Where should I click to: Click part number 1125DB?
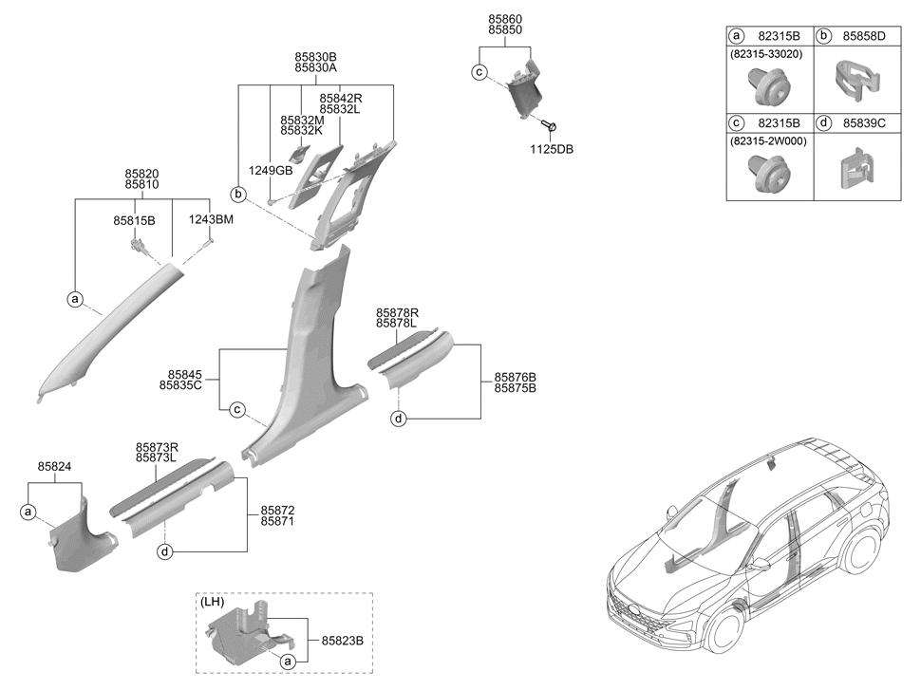click(x=552, y=149)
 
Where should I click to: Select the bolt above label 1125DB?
click(x=551, y=125)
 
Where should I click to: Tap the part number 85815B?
click(x=134, y=221)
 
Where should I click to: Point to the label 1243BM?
click(x=211, y=219)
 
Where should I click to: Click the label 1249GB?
click(x=271, y=171)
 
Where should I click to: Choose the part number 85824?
click(x=55, y=467)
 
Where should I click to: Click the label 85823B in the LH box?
click(x=343, y=641)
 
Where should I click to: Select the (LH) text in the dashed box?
click(x=212, y=603)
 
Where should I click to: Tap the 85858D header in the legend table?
click(x=864, y=36)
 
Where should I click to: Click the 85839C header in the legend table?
click(x=864, y=123)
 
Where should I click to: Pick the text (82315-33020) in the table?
click(x=766, y=54)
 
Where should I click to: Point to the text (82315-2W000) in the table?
click(x=768, y=141)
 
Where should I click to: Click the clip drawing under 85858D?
click(x=857, y=79)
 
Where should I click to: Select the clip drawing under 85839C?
click(x=855, y=169)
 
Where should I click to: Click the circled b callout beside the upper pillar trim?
click(x=238, y=194)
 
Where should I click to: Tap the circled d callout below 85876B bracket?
click(x=399, y=419)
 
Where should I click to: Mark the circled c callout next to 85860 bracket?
click(x=479, y=72)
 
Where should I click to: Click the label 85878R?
click(x=398, y=313)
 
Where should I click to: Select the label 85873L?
click(x=157, y=458)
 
